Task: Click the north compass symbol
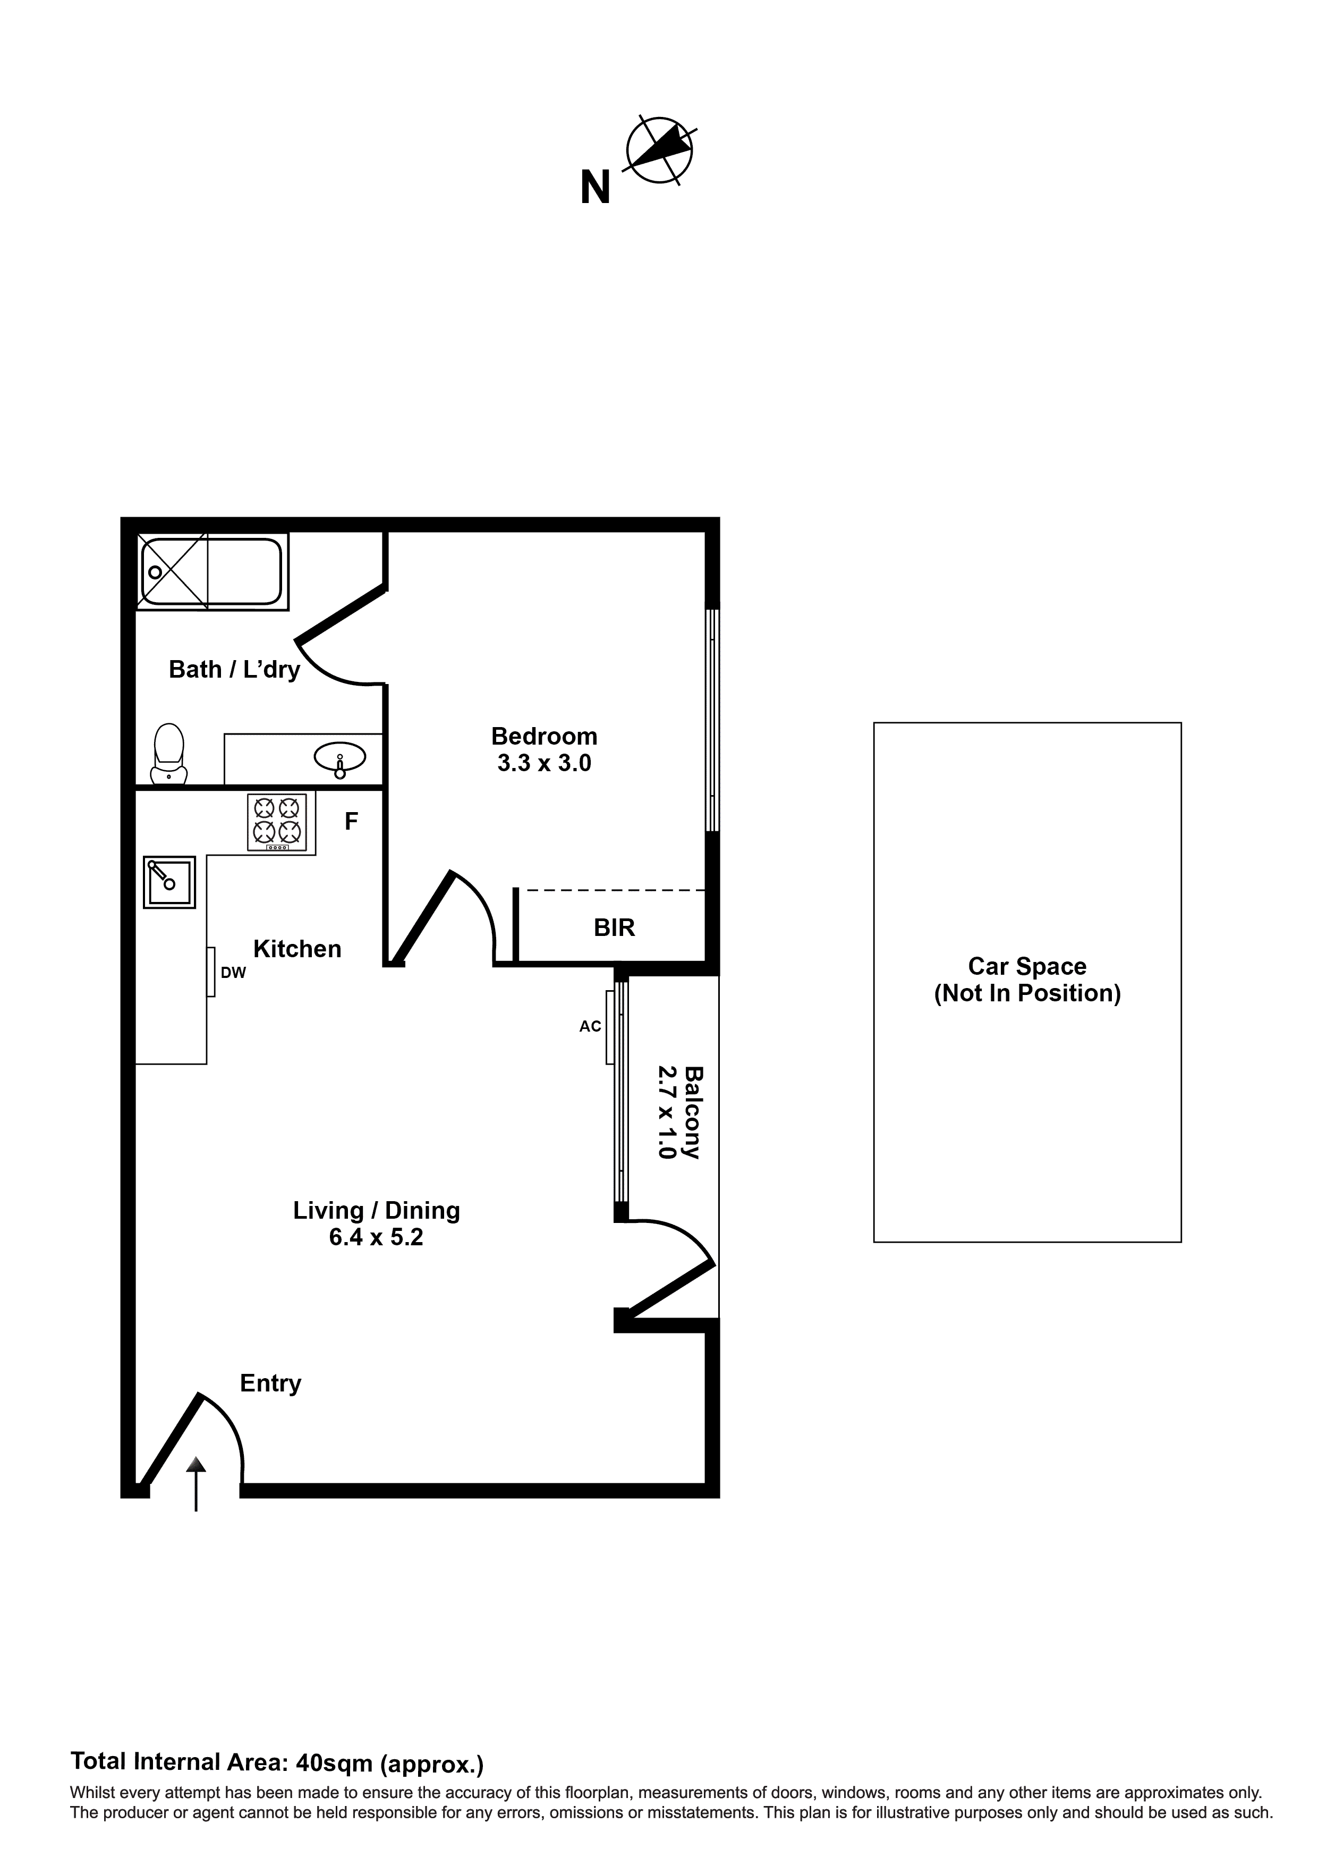pos(659,149)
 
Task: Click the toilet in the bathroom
pos(169,754)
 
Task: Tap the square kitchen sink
pos(169,881)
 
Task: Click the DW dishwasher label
pos(233,972)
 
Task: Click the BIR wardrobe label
pos(614,927)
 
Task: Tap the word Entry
pos(270,1382)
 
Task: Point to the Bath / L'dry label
pos(234,669)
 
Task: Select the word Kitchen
pos(297,949)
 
